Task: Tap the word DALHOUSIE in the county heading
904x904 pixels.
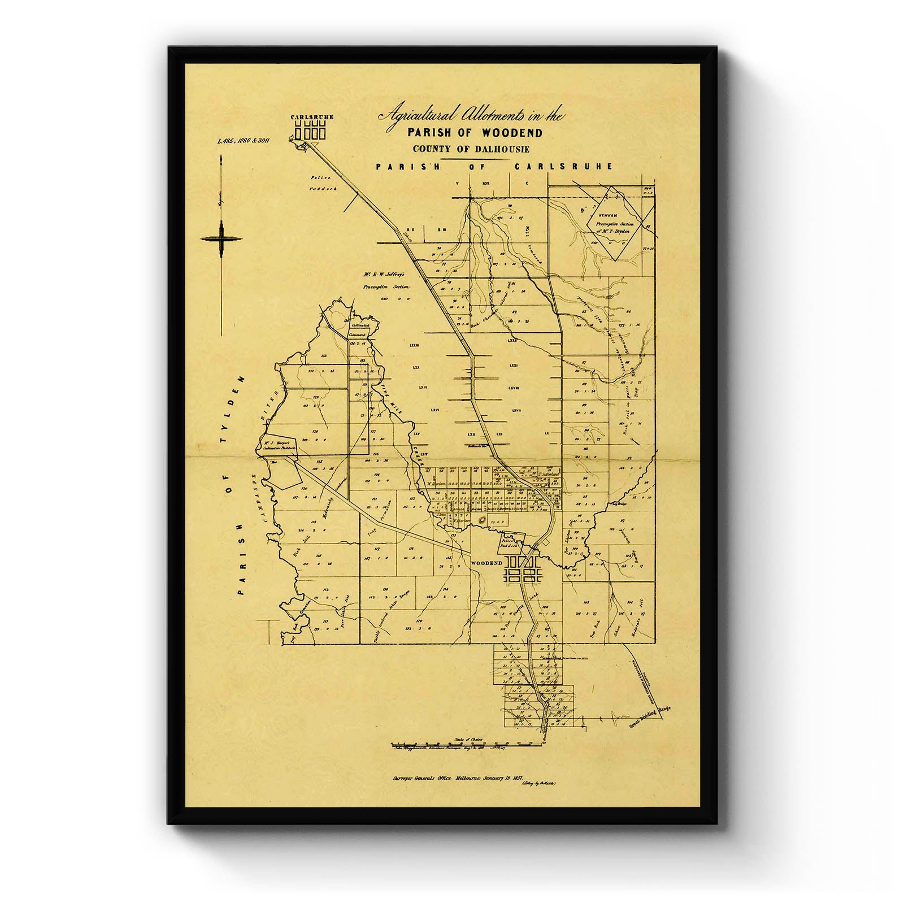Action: click(x=497, y=149)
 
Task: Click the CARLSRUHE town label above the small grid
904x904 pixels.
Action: click(x=312, y=117)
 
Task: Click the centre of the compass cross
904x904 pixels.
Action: click(x=221, y=240)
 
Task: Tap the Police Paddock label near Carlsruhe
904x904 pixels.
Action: click(x=323, y=185)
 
